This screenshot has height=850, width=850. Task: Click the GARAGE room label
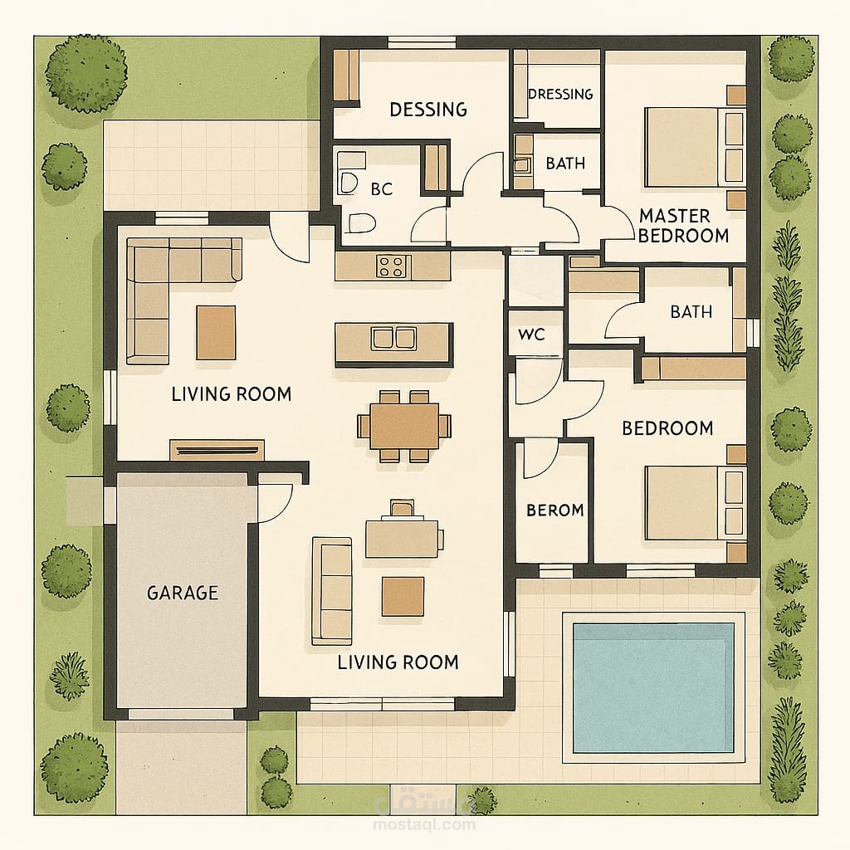[183, 593]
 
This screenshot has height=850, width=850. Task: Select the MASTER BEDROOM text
[683, 226]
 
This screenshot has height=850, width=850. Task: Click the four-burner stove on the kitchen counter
[392, 266]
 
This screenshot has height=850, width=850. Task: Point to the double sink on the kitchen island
[394, 338]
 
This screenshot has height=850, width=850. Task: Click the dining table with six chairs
[404, 426]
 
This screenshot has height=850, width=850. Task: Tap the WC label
[531, 334]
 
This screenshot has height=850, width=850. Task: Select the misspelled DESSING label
[428, 110]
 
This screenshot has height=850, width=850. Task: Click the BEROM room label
[555, 510]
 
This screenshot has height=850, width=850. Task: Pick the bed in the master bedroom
[695, 147]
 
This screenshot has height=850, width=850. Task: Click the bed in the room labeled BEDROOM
[696, 503]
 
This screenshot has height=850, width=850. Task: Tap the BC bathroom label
[382, 189]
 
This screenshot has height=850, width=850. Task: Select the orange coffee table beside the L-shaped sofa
[216, 333]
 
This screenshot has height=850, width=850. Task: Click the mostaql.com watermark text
[424, 824]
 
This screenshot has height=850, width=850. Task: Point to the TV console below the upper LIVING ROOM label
[217, 450]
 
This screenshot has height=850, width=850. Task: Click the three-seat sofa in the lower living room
[332, 591]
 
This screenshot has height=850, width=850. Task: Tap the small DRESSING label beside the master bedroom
[560, 94]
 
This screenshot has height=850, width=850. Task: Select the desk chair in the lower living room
[403, 508]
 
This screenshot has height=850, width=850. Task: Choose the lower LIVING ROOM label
[398, 662]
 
